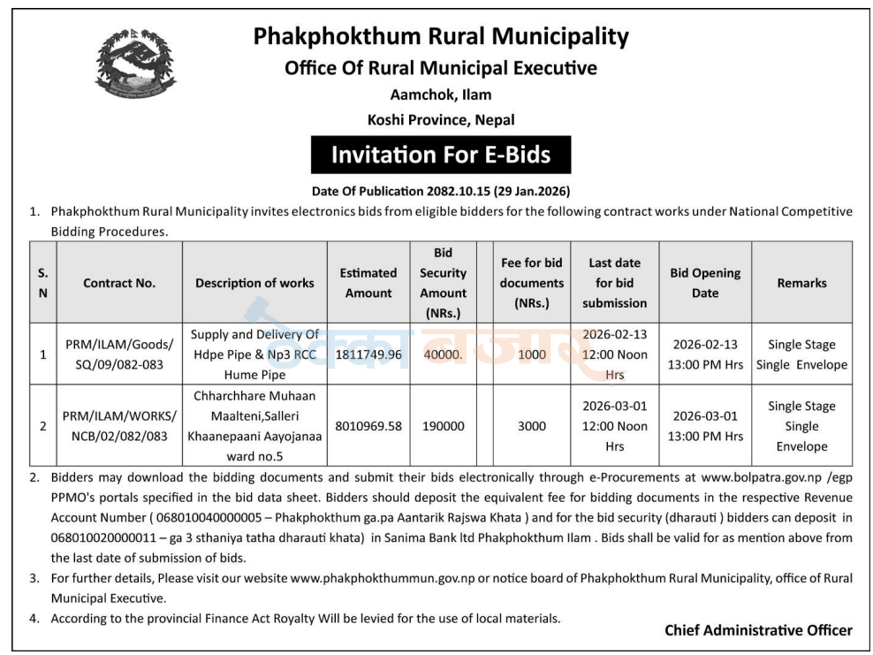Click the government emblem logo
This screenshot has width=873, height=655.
pyautogui.click(x=135, y=64)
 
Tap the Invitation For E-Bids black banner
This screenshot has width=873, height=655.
pyautogui.click(x=440, y=155)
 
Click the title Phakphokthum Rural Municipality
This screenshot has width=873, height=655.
pyautogui.click(x=441, y=36)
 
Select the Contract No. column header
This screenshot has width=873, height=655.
pyautogui.click(x=119, y=283)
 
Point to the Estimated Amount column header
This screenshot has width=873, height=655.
pyautogui.click(x=368, y=283)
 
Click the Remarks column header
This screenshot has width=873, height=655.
pyautogui.click(x=801, y=283)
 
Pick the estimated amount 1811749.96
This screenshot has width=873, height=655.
pyautogui.click(x=368, y=354)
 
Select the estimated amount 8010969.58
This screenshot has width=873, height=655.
pyautogui.click(x=368, y=426)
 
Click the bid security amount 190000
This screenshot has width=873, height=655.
pyautogui.click(x=443, y=426)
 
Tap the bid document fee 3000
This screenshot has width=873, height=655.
pyautogui.click(x=531, y=426)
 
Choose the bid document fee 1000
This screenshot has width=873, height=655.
pyautogui.click(x=531, y=354)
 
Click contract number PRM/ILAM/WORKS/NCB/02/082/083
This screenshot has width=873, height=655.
pyautogui.click(x=119, y=426)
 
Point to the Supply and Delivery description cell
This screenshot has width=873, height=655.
pyautogui.click(x=254, y=354)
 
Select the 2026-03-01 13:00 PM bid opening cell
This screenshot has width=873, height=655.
pyautogui.click(x=705, y=426)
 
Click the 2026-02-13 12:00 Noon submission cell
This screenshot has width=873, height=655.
pyautogui.click(x=615, y=354)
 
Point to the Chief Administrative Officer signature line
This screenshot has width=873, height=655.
pyautogui.click(x=758, y=630)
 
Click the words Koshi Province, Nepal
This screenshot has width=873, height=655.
pyautogui.click(x=441, y=119)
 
